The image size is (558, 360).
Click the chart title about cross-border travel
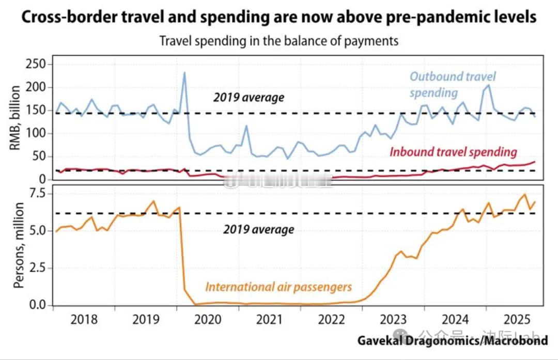tap(279, 17)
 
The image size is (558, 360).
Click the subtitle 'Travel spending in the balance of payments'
tap(279, 41)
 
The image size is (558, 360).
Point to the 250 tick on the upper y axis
tap(37, 65)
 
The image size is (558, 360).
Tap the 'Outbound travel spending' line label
tap(452, 84)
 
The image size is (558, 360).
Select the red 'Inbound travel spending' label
tap(453, 152)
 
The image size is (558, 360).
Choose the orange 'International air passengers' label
tap(278, 287)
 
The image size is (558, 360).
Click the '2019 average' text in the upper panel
tap(249, 97)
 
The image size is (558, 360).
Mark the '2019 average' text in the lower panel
tap(258, 229)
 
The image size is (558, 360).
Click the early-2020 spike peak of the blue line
tap(184, 72)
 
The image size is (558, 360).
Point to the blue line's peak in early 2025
tap(489, 85)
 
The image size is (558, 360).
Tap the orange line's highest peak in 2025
tap(524, 194)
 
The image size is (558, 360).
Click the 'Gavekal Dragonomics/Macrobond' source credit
tap(452, 340)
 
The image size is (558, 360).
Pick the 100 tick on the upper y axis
tap(37, 133)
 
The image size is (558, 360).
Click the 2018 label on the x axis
tap(84, 319)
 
